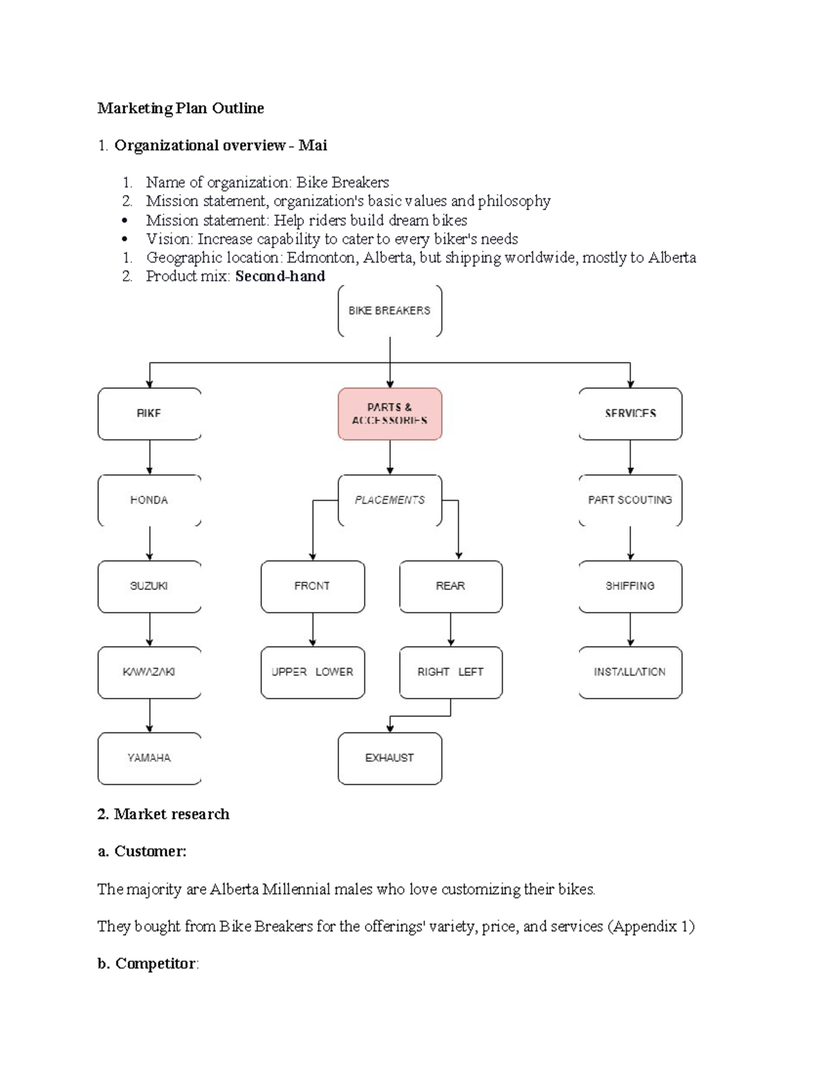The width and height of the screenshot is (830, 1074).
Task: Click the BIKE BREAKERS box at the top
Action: (x=389, y=311)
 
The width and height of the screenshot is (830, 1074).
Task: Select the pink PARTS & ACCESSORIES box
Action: (x=389, y=414)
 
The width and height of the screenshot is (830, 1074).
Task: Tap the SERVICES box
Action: (x=630, y=414)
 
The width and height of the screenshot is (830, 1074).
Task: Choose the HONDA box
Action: (x=149, y=500)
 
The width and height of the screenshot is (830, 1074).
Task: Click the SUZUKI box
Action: (x=149, y=586)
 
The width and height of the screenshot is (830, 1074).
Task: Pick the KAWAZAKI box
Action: (x=149, y=672)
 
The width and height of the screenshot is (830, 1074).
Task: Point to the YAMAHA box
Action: (x=149, y=758)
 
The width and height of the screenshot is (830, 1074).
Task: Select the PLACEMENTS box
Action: (x=389, y=500)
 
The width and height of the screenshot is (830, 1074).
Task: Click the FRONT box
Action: (x=313, y=586)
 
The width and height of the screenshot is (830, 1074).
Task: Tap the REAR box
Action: (x=451, y=586)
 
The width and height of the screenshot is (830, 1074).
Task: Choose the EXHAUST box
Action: (x=389, y=758)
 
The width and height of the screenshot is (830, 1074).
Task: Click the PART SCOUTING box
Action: (x=630, y=500)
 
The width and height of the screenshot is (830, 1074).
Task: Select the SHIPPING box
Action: (x=630, y=586)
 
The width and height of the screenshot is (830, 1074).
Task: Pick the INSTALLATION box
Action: (x=630, y=672)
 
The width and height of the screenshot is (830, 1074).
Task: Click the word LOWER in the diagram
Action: (x=334, y=672)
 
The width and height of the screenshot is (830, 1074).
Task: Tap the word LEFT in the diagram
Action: (x=470, y=672)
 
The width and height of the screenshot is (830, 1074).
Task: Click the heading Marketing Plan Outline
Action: (x=181, y=108)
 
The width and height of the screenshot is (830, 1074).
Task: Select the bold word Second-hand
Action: (x=280, y=277)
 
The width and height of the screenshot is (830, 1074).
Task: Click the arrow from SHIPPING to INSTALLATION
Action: (x=630, y=629)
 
